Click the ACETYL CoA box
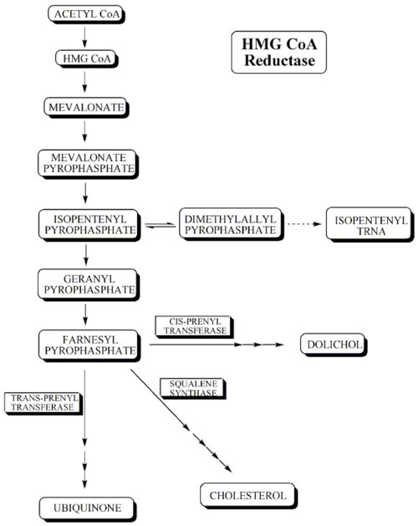[87, 14]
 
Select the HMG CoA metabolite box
[87, 59]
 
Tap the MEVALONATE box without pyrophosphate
[86, 107]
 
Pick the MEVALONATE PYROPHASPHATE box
[89, 164]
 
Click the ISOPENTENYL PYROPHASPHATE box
[89, 225]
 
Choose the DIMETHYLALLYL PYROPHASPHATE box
[231, 224]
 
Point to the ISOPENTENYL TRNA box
[370, 224]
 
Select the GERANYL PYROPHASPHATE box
[89, 284]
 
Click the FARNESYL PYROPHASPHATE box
[89, 345]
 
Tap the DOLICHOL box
[334, 345]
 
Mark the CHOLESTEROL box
[248, 495]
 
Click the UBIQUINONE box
[88, 509]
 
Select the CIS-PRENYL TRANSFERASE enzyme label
[195, 326]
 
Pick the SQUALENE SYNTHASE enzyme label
[193, 389]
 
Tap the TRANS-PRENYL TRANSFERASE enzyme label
[43, 403]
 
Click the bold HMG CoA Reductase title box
[278, 53]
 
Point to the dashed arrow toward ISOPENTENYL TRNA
[304, 224]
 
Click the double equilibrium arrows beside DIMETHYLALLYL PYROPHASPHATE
[161, 226]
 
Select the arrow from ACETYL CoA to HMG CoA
[84, 38]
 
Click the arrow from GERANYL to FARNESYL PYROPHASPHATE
[85, 314]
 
